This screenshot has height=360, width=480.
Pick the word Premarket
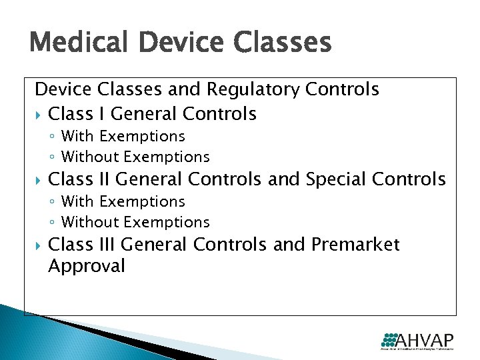pyautogui.click(x=355, y=245)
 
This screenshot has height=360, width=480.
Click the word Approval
pyautogui.click(x=87, y=267)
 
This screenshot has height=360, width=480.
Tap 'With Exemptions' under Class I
pyautogui.click(x=123, y=136)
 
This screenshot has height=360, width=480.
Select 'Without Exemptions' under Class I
pyautogui.click(x=135, y=157)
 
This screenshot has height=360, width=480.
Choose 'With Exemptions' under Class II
pyautogui.click(x=123, y=201)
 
